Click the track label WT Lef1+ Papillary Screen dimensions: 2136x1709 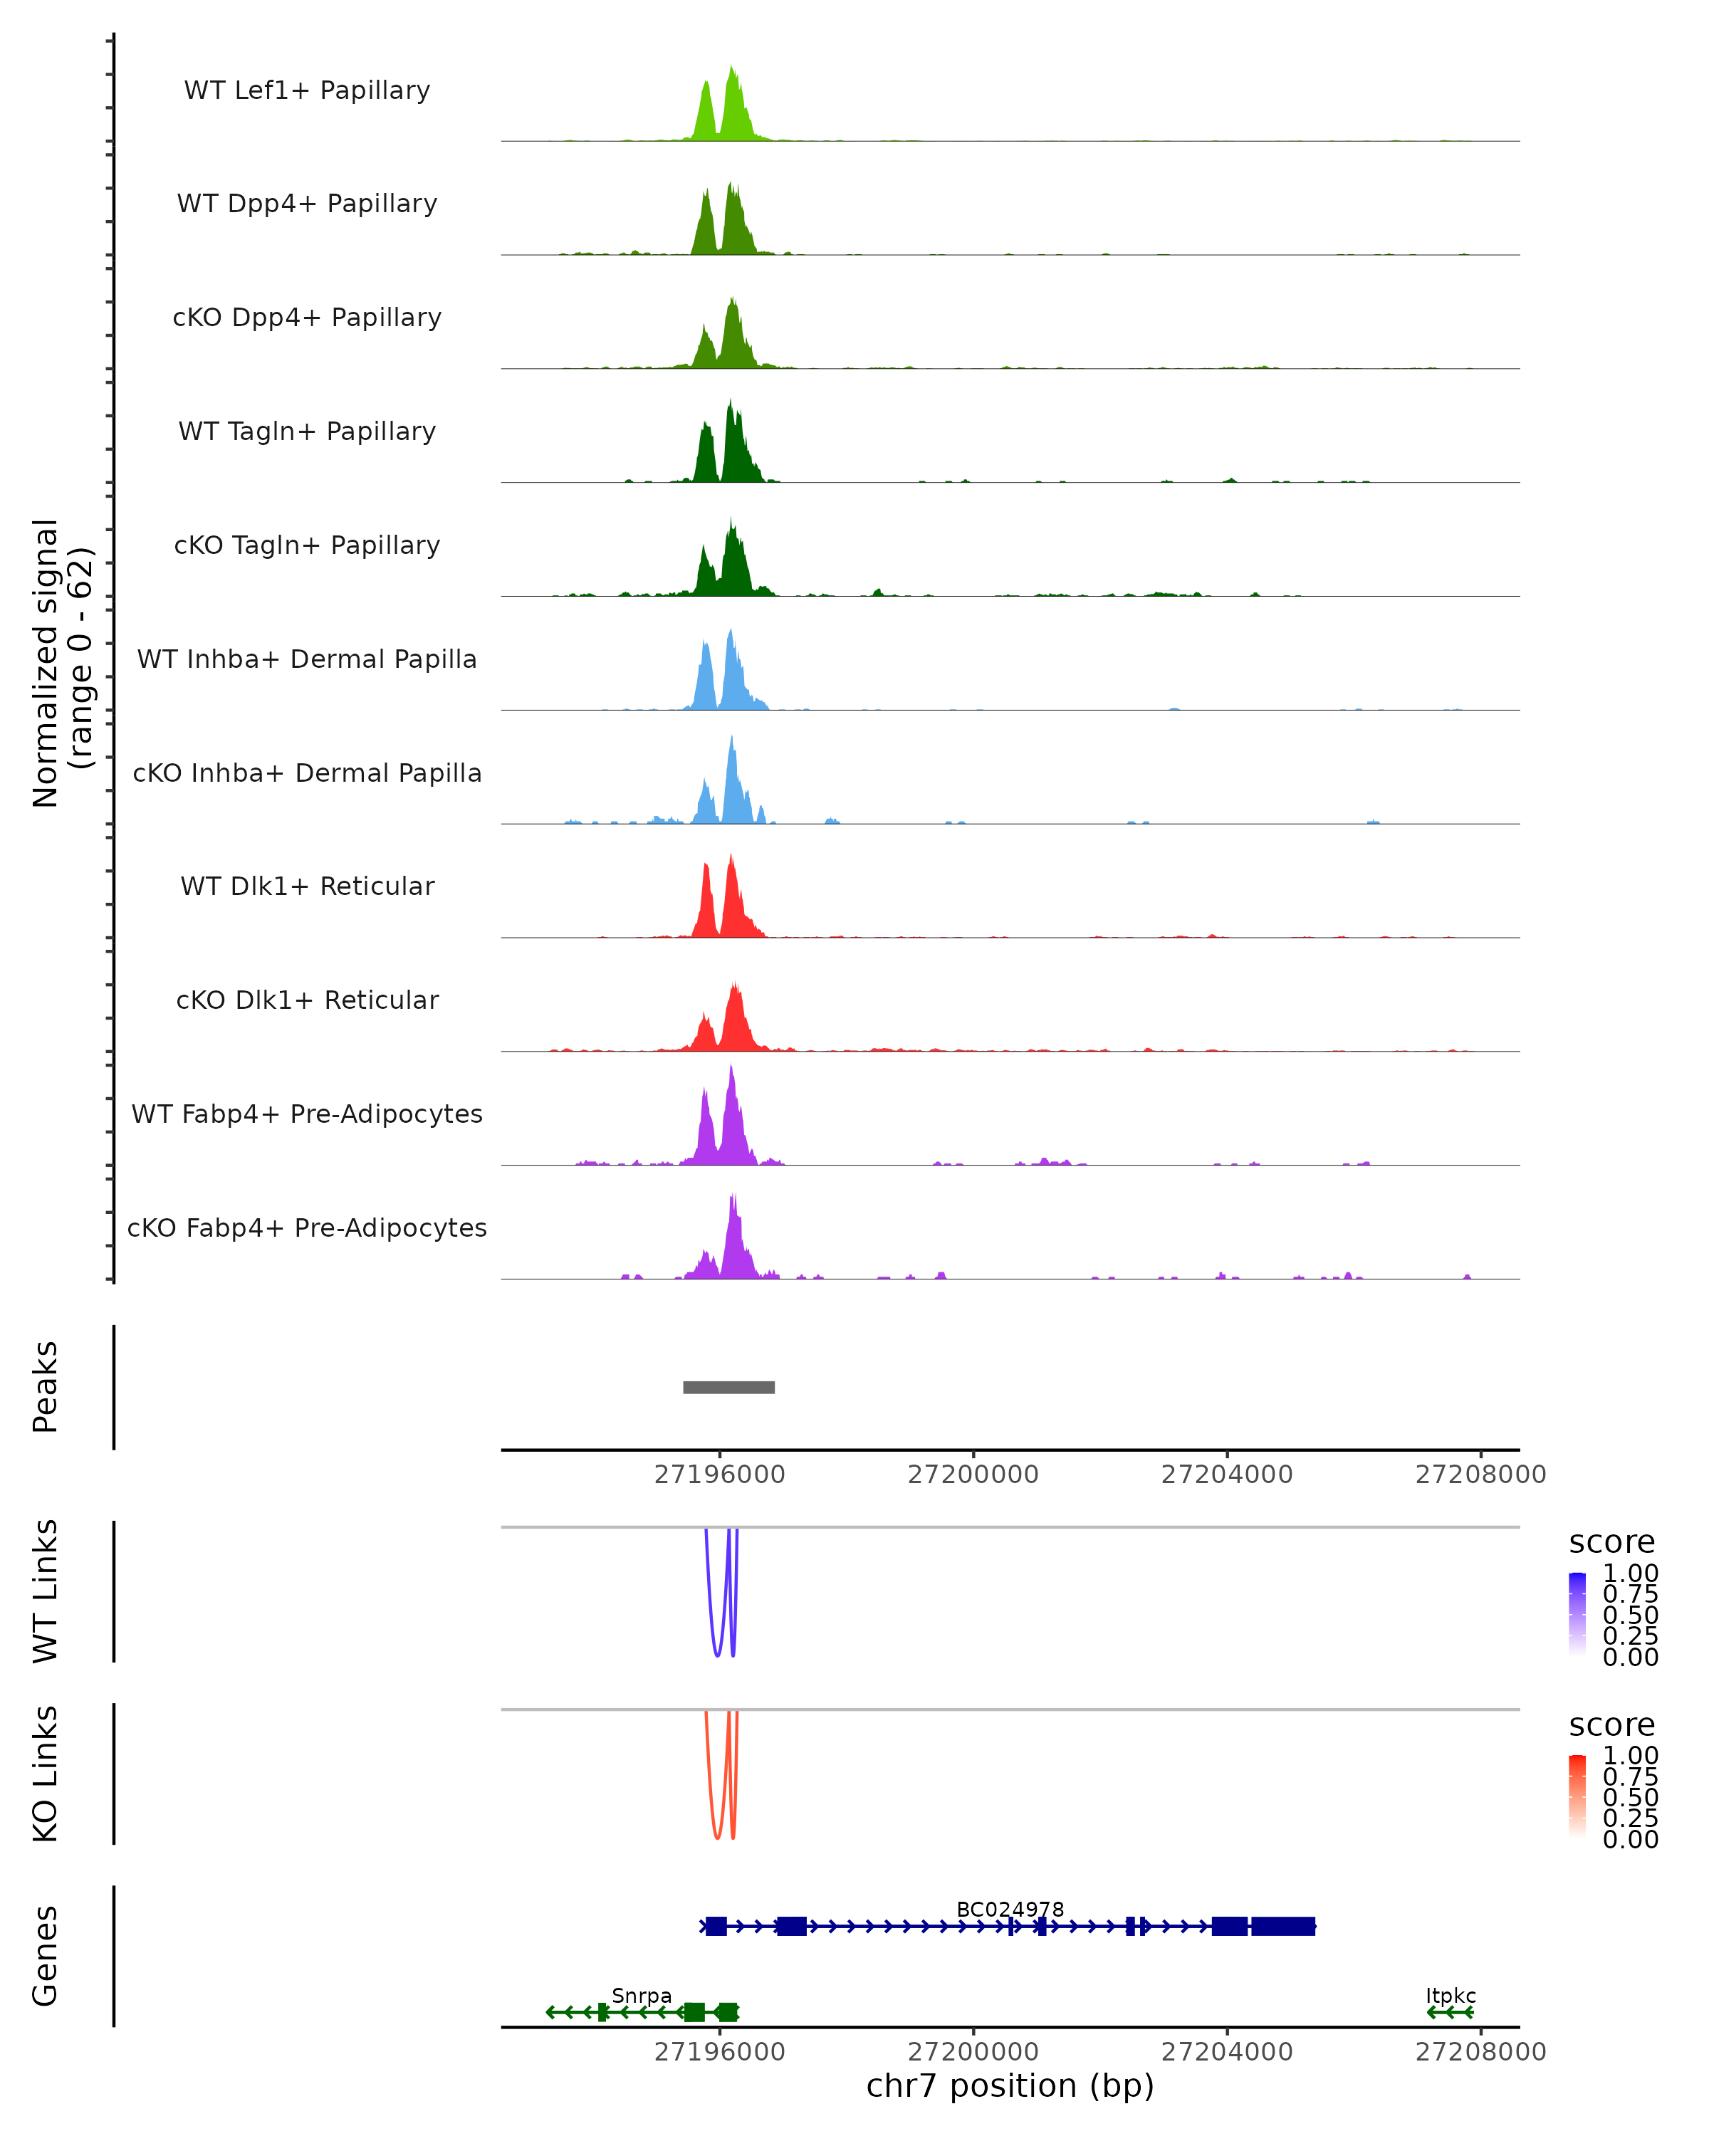pyautogui.click(x=307, y=90)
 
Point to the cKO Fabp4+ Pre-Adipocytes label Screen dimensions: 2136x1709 pyautogui.click(x=307, y=1227)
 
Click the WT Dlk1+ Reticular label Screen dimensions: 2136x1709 pyautogui.click(x=307, y=886)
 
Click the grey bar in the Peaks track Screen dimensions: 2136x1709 pyautogui.click(x=728, y=1387)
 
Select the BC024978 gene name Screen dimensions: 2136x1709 pyautogui.click(x=1010, y=1909)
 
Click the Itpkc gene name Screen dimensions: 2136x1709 pyautogui.click(x=1451, y=1995)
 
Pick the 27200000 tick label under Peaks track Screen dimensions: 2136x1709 pyautogui.click(x=973, y=1475)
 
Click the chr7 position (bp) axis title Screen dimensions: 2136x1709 pyautogui.click(x=1010, y=2085)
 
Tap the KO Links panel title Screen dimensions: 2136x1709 pyautogui.click(x=46, y=1774)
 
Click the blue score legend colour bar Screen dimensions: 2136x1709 pyautogui.click(x=1577, y=1614)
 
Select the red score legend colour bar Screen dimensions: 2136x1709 pyautogui.click(x=1577, y=1796)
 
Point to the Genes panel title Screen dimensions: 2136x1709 pyautogui.click(x=46, y=1956)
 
